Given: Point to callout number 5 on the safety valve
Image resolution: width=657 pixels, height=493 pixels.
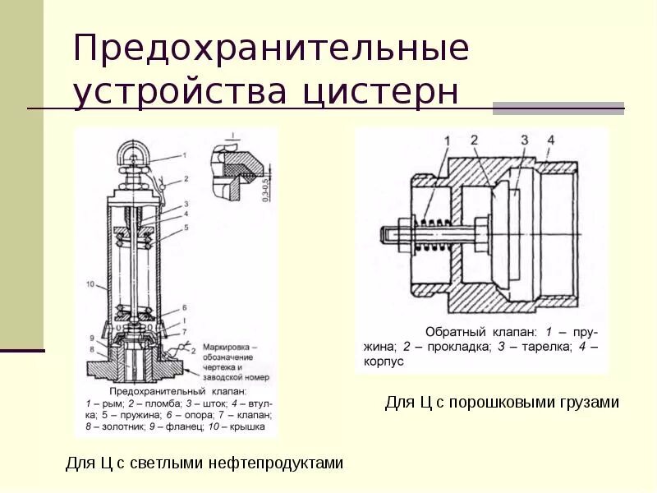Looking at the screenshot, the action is coord(186,227).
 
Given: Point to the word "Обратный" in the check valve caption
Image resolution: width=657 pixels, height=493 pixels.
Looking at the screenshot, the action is coord(453,331).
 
